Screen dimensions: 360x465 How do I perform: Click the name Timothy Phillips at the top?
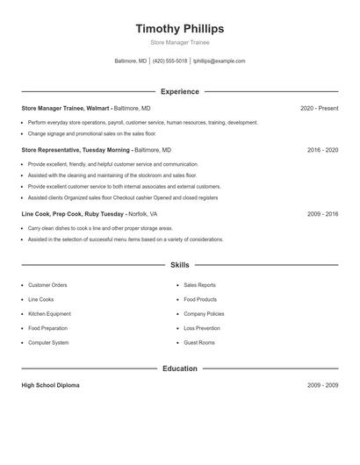coord(179,28)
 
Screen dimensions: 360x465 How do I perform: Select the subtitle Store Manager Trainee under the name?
coord(179,42)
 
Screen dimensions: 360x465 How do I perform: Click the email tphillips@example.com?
coord(219,61)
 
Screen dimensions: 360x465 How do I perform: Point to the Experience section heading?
coord(179,91)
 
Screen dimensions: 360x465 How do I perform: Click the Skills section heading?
coord(179,265)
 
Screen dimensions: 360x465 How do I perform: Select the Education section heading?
coord(179,368)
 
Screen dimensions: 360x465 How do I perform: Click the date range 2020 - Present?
coord(319,108)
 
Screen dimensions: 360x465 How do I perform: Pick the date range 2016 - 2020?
coord(322,150)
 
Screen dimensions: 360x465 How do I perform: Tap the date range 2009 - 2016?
coord(322,213)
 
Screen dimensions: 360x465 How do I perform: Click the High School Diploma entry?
coord(50,386)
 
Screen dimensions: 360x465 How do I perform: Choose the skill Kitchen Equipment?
coord(49,313)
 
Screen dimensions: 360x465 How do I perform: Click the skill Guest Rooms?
coord(199,342)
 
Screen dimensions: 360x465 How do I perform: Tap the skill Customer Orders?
coord(47,285)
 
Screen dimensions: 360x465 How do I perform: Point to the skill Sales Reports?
coord(200,285)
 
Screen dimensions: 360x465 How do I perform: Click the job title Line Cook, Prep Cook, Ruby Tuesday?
coord(74,213)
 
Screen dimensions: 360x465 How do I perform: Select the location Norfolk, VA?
coord(143,213)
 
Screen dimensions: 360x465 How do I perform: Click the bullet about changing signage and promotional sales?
coord(91,134)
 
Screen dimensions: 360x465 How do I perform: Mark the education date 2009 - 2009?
coord(322,386)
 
